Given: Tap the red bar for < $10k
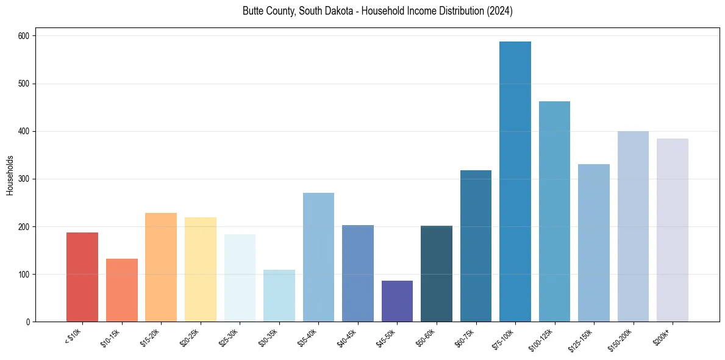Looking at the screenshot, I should (82, 277).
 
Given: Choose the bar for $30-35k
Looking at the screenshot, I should (279, 296).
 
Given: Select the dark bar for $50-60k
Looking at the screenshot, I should (437, 274).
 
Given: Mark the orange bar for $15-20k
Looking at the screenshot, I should (161, 267).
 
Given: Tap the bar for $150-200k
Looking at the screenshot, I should (633, 226).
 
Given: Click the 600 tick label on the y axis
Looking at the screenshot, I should (24, 36).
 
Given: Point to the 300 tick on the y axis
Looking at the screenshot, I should (24, 179).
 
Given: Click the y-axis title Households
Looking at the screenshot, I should (10, 175).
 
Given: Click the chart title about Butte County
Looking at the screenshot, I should (377, 12).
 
